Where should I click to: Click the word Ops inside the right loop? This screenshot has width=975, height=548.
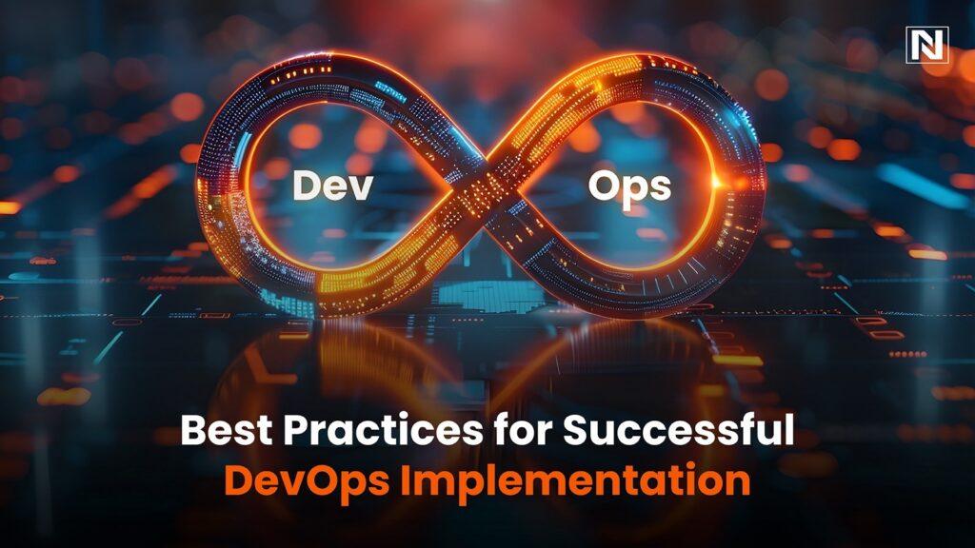tap(629, 186)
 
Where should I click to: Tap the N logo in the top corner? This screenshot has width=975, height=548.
tap(926, 45)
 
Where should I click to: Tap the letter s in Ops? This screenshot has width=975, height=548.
tap(658, 188)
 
